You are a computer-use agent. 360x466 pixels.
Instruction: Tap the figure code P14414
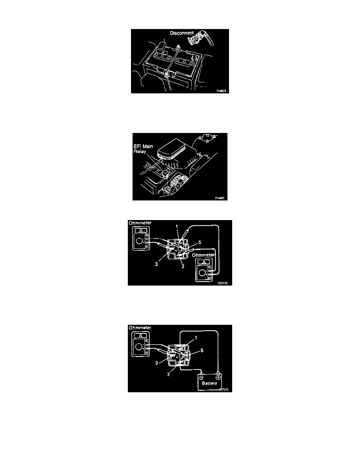tap(222, 90)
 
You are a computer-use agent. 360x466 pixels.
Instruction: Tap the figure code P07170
tap(222, 282)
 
